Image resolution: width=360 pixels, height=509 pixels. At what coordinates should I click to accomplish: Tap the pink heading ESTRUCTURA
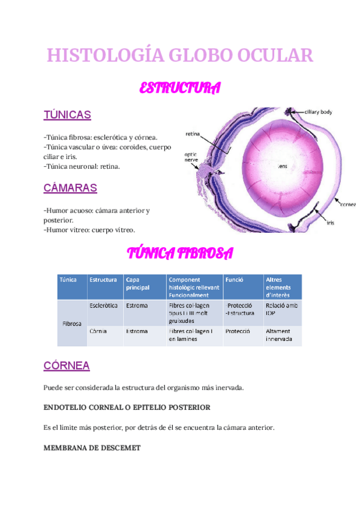point(180,88)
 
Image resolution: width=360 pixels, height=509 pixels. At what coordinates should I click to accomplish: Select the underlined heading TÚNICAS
point(67,114)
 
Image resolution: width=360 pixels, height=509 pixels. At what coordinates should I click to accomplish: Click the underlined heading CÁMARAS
point(70,188)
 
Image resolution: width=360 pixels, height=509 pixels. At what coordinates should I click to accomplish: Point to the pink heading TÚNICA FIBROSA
point(180,254)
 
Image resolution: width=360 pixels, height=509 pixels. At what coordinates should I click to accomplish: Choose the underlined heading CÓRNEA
point(67,365)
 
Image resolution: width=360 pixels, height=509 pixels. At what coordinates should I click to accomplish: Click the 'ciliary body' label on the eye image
point(318,112)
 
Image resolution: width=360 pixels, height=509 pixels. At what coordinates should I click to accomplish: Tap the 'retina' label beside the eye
point(193,133)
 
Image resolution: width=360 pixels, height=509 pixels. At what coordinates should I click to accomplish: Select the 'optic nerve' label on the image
point(191,157)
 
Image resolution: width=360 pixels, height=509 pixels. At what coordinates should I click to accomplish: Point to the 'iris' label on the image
point(330,222)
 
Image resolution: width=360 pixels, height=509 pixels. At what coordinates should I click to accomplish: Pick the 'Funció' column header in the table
point(234,280)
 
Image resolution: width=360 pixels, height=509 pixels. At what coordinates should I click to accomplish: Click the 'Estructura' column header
point(103,280)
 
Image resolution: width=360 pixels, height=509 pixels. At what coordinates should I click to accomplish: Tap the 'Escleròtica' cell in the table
point(103,306)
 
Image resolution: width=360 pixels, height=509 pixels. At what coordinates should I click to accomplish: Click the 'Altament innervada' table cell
point(279,335)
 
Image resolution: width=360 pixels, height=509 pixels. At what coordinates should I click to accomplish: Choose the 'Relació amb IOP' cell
point(281,309)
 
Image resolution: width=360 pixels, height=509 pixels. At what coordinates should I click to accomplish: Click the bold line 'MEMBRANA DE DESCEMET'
point(92,447)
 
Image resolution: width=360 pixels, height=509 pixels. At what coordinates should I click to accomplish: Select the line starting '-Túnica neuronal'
point(82,166)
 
